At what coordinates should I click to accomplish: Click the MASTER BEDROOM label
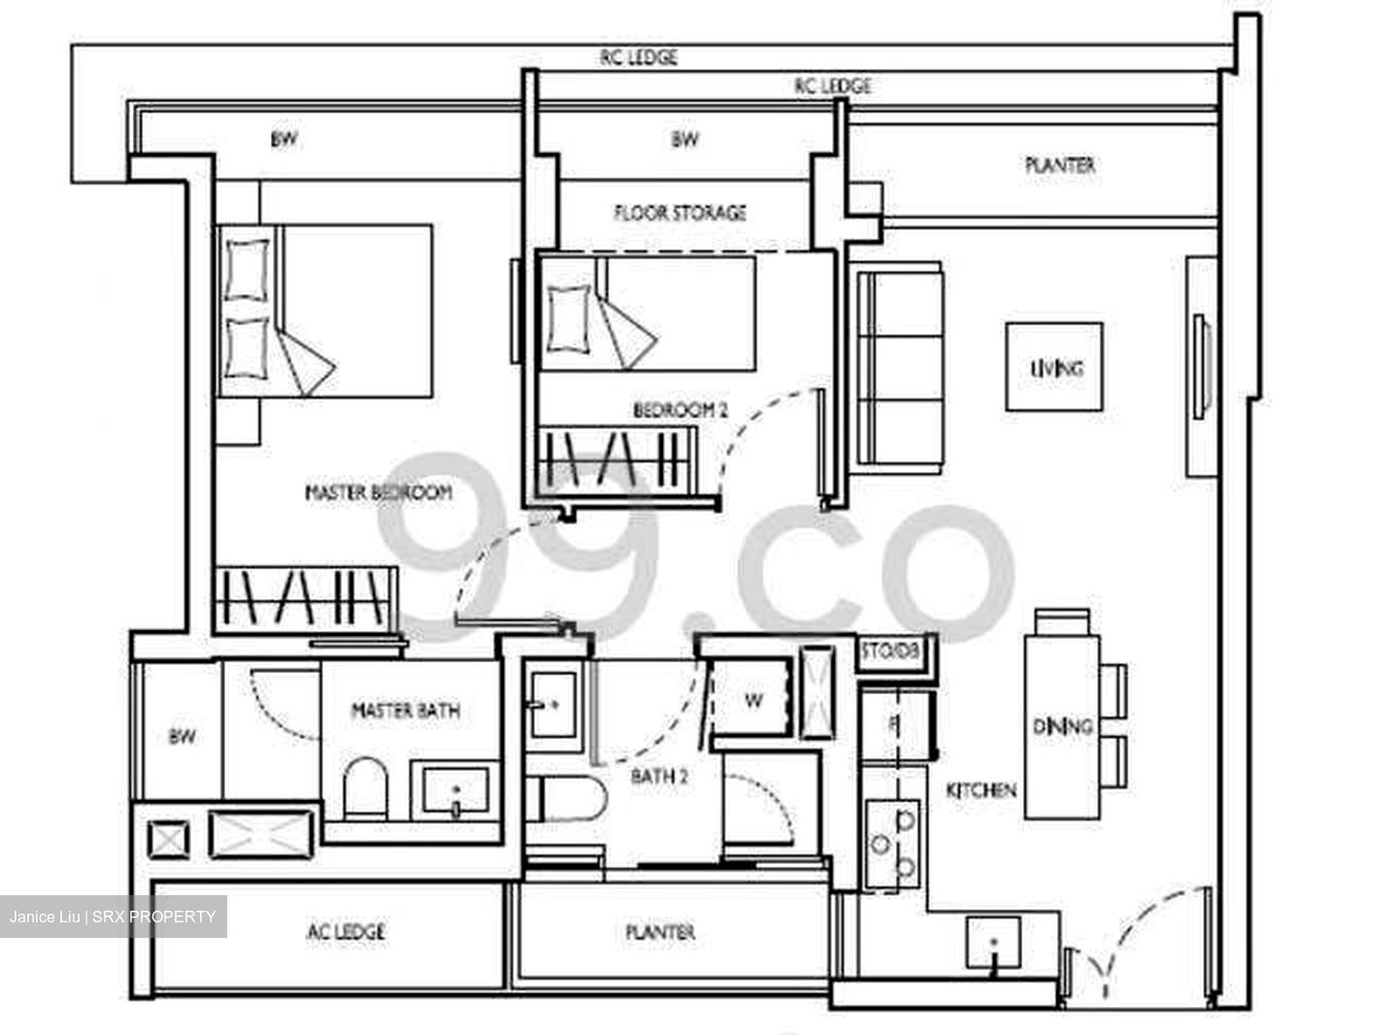(x=379, y=492)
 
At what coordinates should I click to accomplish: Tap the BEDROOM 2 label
(x=680, y=411)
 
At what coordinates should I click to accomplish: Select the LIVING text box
(x=1055, y=368)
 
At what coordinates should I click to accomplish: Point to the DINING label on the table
(x=1062, y=725)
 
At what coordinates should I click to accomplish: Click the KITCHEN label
(x=981, y=790)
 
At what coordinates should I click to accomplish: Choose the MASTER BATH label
(x=405, y=711)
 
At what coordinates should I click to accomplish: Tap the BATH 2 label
(x=659, y=776)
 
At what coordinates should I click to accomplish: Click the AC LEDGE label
(x=346, y=932)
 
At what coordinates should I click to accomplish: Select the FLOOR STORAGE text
(x=680, y=212)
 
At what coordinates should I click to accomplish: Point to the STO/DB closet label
(x=897, y=652)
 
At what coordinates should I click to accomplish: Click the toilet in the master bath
(x=366, y=786)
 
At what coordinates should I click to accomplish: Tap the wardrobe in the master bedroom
(x=305, y=597)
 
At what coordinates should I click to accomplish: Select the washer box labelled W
(x=753, y=700)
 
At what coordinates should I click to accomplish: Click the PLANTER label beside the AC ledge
(x=660, y=932)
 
